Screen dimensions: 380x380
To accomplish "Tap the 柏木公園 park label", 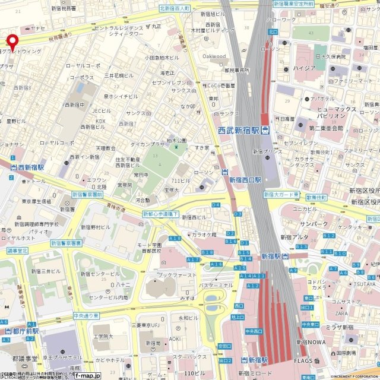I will click(178, 141).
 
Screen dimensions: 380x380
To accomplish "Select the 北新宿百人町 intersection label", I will click(174, 9).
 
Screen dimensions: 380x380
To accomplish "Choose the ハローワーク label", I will click(281, 20).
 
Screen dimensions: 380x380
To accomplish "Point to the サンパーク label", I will click(313, 224).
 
